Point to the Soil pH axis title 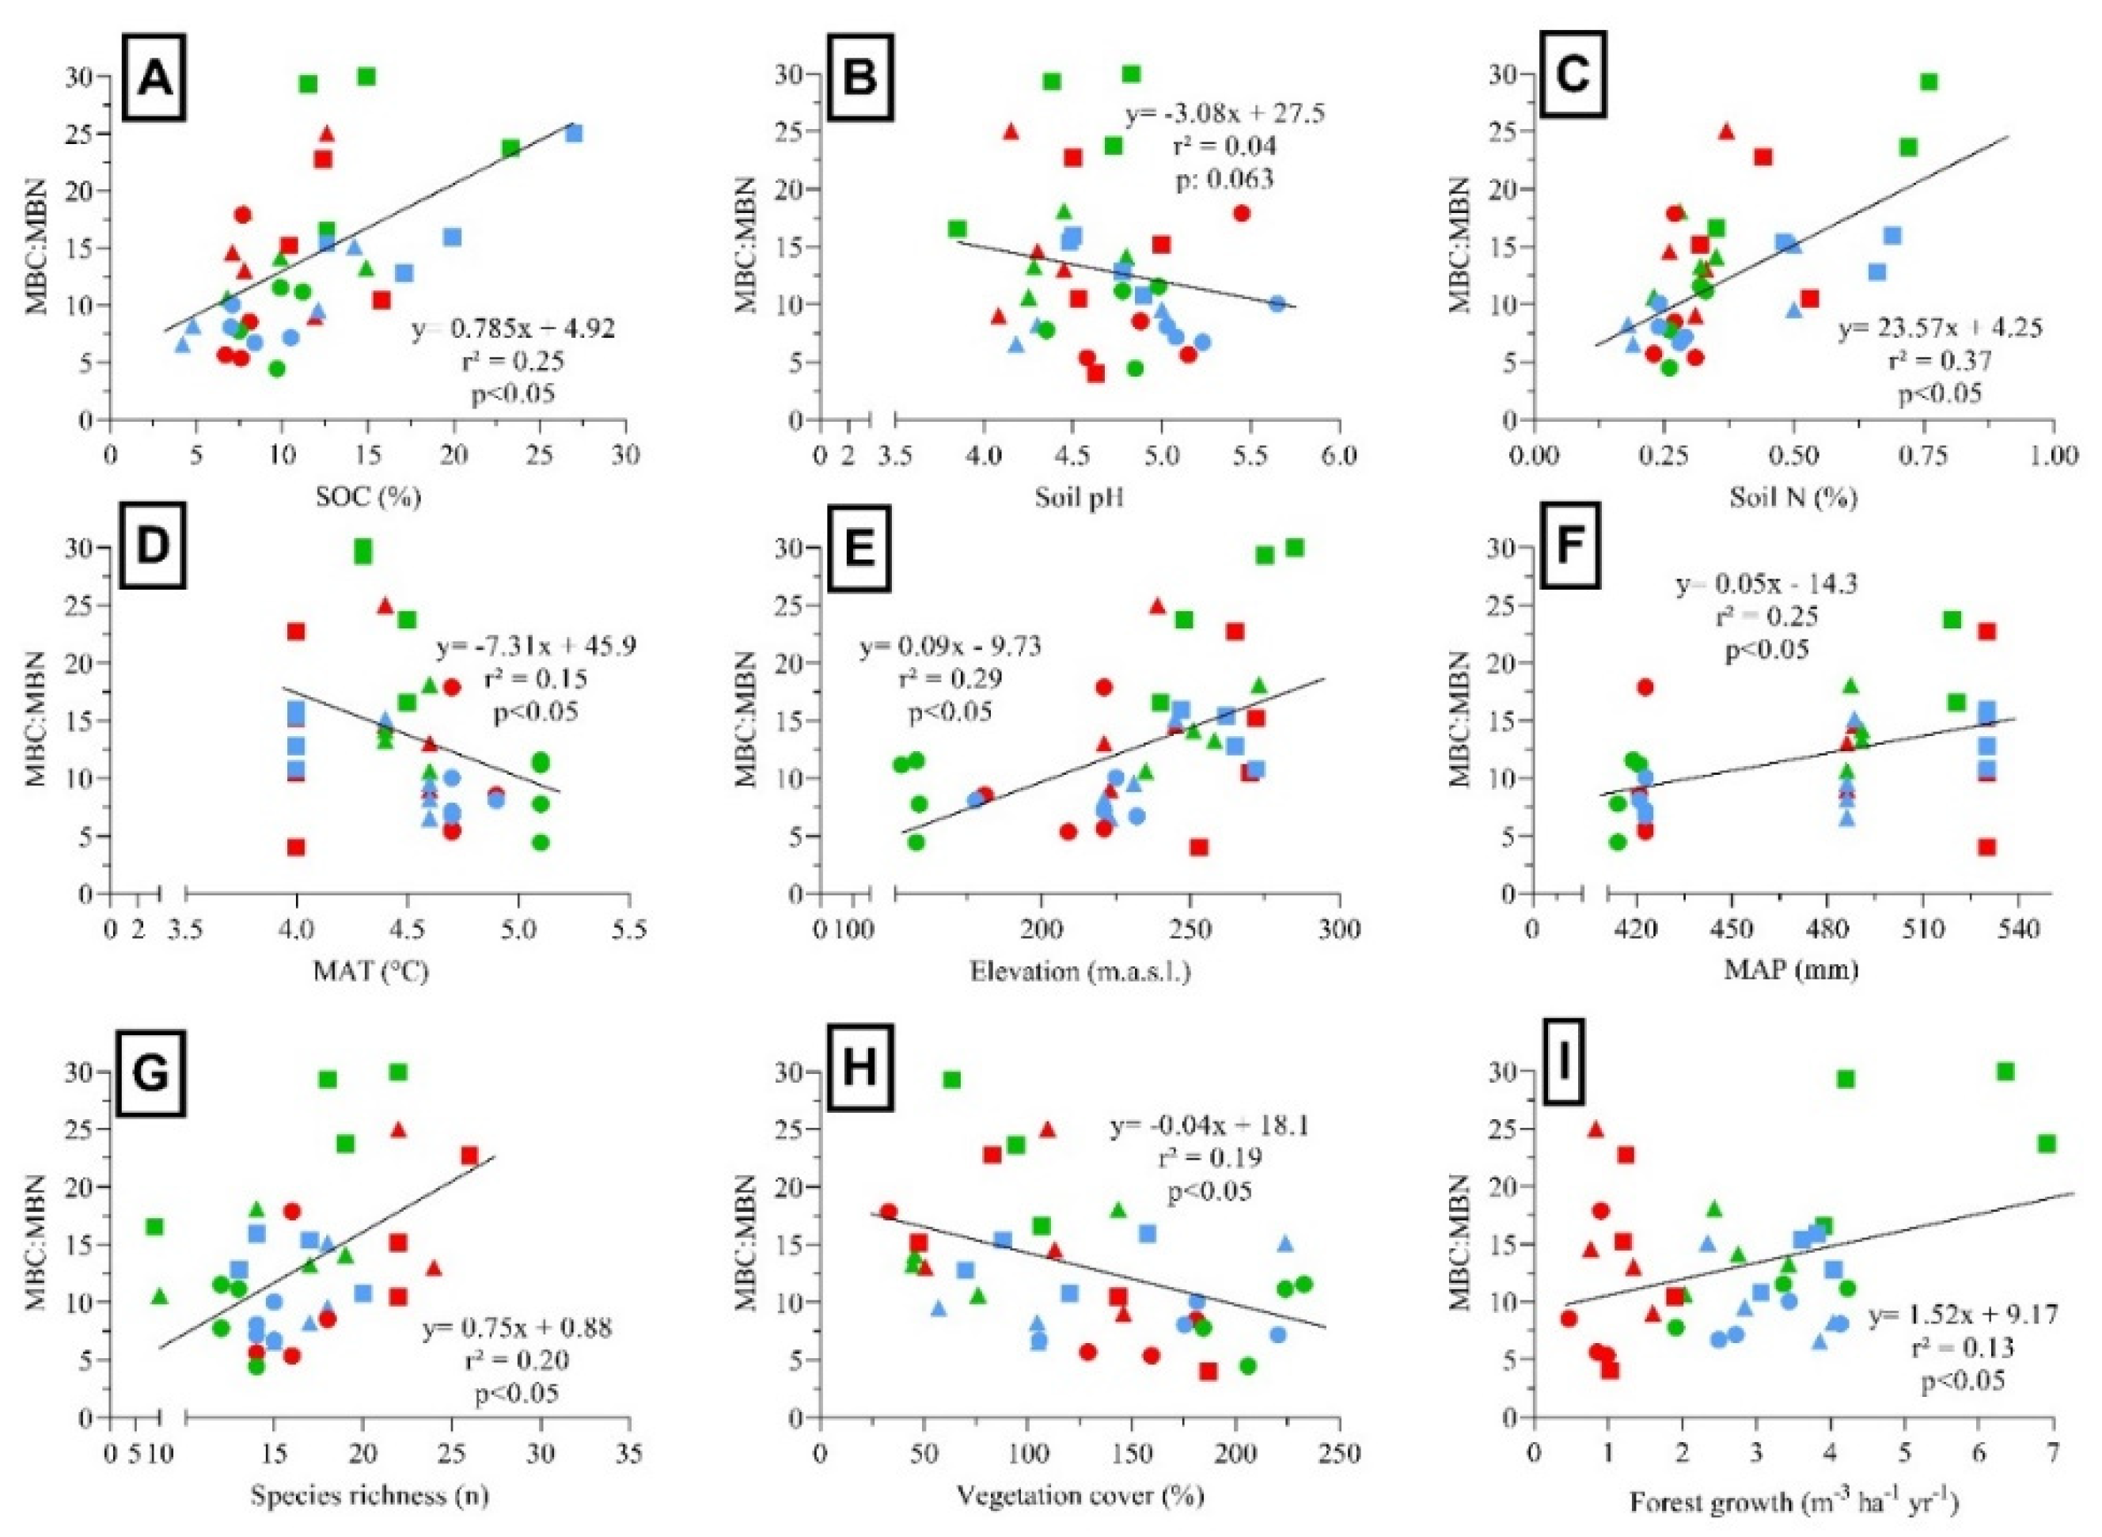tap(1079, 498)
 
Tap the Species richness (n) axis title tap(370, 1496)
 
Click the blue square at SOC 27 tap(574, 133)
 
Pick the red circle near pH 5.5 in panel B tap(1241, 213)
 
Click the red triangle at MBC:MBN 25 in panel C tap(1727, 131)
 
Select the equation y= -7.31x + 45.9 tap(536, 647)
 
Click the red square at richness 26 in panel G tap(469, 1156)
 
